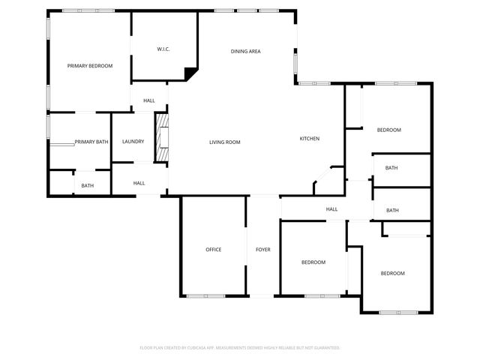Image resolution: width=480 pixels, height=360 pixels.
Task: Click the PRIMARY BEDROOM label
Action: click(x=90, y=66)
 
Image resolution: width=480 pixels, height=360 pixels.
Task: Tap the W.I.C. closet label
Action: click(x=163, y=49)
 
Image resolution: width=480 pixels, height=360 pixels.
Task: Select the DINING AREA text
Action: click(x=245, y=51)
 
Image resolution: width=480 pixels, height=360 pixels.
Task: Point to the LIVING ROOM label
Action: click(x=224, y=141)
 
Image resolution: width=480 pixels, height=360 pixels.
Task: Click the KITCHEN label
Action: click(x=310, y=139)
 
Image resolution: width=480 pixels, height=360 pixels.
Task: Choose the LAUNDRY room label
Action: click(x=133, y=141)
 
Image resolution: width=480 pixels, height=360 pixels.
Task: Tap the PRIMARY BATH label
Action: click(x=91, y=141)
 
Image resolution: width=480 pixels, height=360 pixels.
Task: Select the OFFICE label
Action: click(x=214, y=249)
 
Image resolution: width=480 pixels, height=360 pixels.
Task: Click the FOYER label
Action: click(x=262, y=249)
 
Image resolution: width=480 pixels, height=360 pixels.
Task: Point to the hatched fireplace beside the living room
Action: click(x=161, y=137)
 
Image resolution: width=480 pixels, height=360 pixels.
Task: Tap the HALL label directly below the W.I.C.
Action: click(x=149, y=100)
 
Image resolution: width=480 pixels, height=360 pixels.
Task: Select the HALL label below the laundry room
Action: click(x=139, y=183)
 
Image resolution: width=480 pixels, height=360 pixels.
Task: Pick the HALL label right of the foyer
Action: click(x=331, y=209)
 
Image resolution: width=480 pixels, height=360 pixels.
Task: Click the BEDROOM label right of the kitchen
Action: click(x=388, y=130)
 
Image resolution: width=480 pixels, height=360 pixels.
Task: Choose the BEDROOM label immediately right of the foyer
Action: click(x=313, y=262)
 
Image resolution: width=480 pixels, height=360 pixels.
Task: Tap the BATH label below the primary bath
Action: click(x=88, y=186)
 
